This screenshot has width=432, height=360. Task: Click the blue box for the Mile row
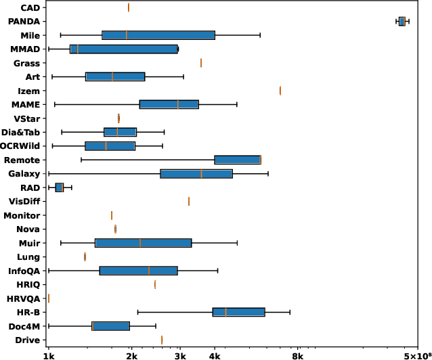158,35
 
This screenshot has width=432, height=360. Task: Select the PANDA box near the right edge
402,22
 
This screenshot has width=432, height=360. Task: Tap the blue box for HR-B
238,312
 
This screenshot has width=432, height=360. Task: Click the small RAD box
60,187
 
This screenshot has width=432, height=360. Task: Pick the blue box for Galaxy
196,174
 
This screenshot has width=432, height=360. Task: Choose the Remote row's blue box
237,160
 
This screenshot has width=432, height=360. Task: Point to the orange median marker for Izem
280,91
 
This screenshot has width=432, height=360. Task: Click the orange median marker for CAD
129,7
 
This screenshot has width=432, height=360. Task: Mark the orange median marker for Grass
201,63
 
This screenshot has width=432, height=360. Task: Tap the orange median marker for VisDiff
189,201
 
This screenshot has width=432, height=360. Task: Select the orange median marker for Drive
162,340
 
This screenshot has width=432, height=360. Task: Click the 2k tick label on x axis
131,355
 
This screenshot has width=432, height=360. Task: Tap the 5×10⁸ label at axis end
414,354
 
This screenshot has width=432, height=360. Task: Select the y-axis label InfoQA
24,271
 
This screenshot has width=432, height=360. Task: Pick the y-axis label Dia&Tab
21,132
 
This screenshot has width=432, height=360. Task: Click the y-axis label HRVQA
23,298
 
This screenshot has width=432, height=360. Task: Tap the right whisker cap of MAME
237,104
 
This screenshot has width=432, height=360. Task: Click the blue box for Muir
144,243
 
